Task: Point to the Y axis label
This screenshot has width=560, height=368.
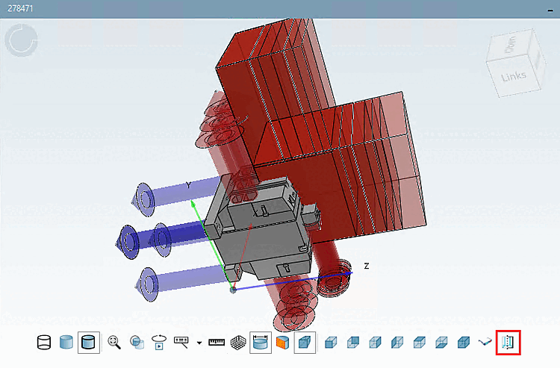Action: pos(189,184)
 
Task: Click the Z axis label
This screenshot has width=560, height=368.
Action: pos(366,266)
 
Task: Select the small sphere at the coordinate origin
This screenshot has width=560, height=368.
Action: pos(233,289)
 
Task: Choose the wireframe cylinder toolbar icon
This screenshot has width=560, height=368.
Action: pos(44,343)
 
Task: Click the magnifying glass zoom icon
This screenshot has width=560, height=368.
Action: pos(114,343)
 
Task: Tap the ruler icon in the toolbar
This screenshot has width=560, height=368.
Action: pos(217,343)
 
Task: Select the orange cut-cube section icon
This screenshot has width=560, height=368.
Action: pos(281,343)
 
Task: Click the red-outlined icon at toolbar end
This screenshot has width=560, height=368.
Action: pos(508,343)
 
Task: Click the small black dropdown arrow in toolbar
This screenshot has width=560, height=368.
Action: pos(199,343)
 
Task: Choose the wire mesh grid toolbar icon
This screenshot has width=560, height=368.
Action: pos(239,343)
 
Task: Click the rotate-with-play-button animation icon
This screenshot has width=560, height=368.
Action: pos(158,343)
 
